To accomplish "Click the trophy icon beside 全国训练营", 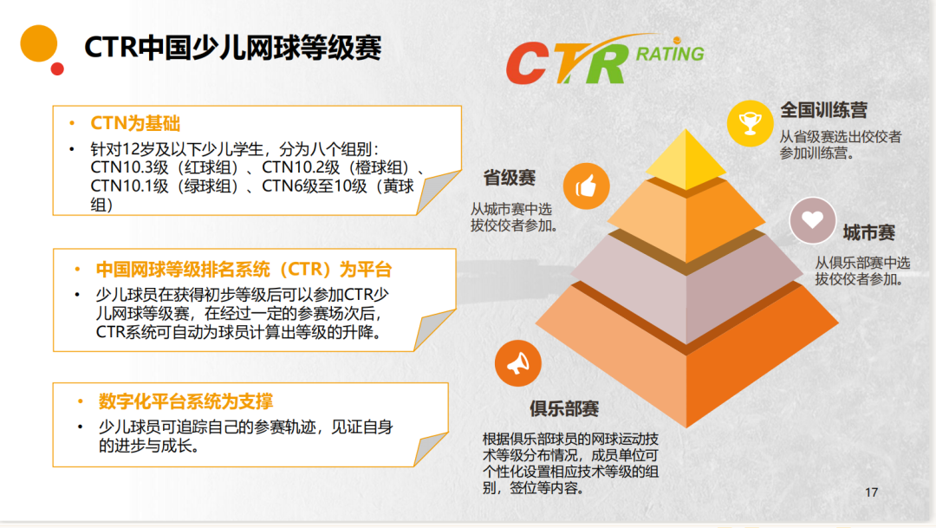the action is point(750,124).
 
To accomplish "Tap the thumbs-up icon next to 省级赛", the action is point(586,186).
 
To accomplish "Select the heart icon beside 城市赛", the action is point(812,220).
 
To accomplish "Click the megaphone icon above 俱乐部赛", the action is point(517,363).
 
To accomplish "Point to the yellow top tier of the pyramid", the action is point(686,159).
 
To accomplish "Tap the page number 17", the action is point(872,492).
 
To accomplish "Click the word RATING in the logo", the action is point(670,54).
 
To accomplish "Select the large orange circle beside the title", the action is point(39,43).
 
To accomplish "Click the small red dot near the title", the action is point(57,68).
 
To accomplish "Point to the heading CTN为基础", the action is point(135,123).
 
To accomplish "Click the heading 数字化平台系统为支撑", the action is point(185,401).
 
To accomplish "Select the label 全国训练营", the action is point(824,110).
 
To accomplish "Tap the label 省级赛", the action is point(510,178).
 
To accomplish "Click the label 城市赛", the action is point(868,232).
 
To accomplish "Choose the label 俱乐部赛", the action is point(564,408).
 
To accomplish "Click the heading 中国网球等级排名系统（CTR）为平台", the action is point(244,270).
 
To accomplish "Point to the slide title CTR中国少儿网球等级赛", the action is point(233,47).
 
